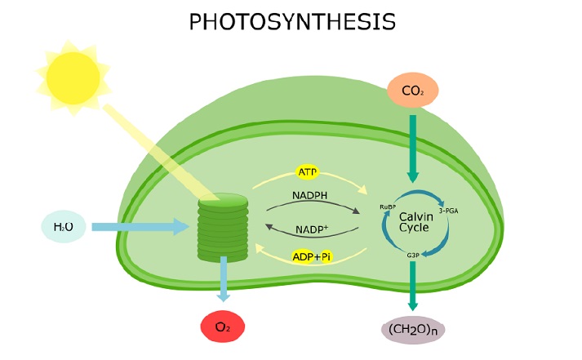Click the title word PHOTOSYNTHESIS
[291, 22]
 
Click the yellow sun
[72, 75]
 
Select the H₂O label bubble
[64, 226]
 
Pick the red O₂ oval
[223, 328]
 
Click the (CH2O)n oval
[413, 330]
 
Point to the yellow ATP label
[308, 173]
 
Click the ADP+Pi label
[312, 256]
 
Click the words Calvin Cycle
[413, 221]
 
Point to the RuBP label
[387, 208]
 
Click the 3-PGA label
[449, 211]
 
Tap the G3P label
[413, 256]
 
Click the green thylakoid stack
[222, 228]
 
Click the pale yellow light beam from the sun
[155, 150]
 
